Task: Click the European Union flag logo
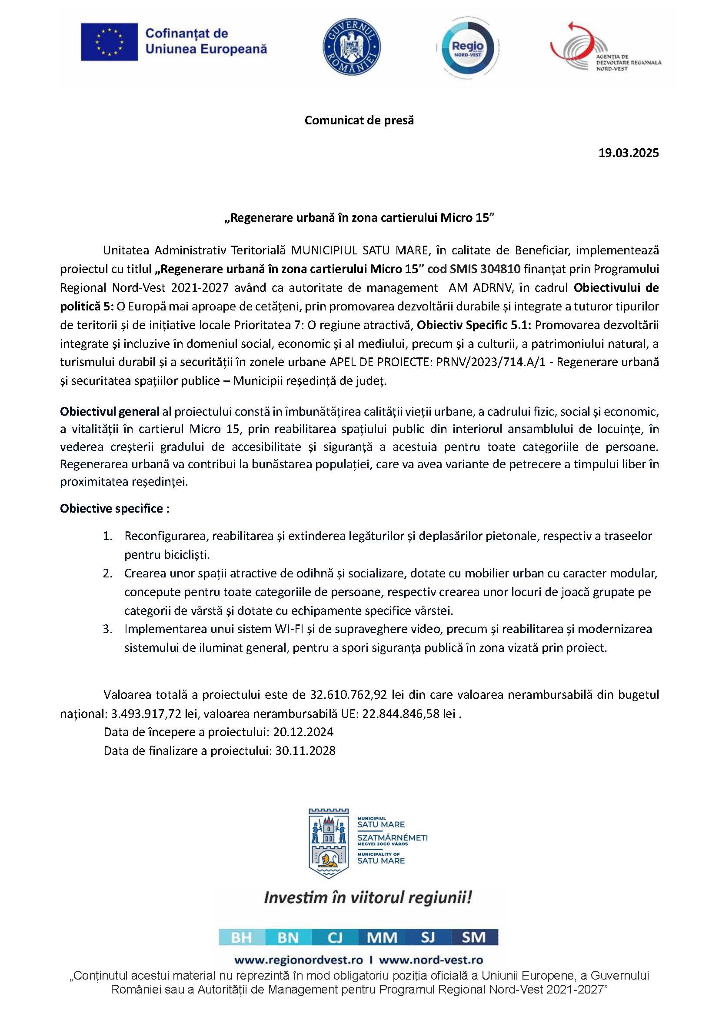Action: pyautogui.click(x=109, y=42)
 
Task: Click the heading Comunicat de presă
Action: pyautogui.click(x=359, y=120)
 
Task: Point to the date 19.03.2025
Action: pyautogui.click(x=629, y=153)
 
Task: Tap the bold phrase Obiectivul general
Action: pyautogui.click(x=110, y=411)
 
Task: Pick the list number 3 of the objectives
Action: pyautogui.click(x=107, y=629)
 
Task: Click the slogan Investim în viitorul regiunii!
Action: pyautogui.click(x=368, y=898)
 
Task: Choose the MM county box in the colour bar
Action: pyautogui.click(x=382, y=938)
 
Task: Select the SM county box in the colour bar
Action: pyautogui.click(x=474, y=938)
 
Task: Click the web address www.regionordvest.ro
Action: pyautogui.click(x=298, y=960)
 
